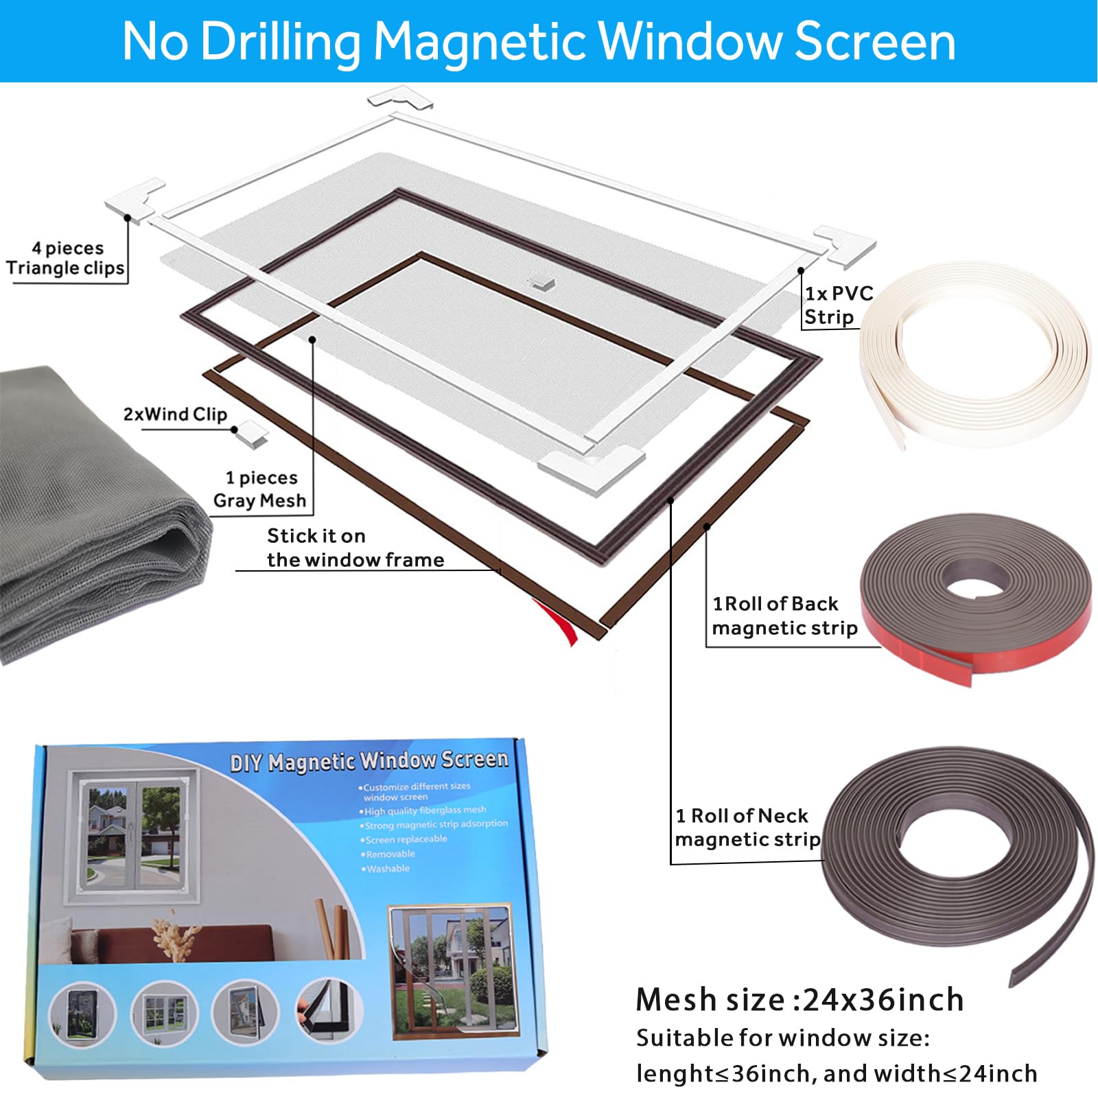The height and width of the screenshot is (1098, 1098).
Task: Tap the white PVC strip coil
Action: pos(974,357)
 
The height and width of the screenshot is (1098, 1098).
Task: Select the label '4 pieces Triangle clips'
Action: pos(66,258)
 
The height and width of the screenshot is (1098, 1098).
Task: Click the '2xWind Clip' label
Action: pos(175,414)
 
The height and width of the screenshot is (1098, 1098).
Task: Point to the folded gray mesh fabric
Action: pos(89,515)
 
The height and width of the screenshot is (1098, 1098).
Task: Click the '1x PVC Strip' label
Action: pos(838,305)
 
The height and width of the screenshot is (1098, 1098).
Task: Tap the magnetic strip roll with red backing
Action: pos(974,597)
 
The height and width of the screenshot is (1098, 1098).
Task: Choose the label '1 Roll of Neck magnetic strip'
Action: pos(747,828)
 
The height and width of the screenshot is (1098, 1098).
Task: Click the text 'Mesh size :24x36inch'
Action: pos(799,1000)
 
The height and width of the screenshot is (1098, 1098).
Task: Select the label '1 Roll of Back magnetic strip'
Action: pos(784,616)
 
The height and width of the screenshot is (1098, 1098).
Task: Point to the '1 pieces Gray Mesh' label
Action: pos(260,489)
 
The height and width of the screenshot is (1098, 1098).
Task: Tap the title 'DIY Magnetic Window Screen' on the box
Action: pos(369,760)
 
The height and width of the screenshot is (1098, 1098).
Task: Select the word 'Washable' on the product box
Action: pos(388,869)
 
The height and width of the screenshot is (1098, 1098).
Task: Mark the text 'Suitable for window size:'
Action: pos(783,1038)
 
